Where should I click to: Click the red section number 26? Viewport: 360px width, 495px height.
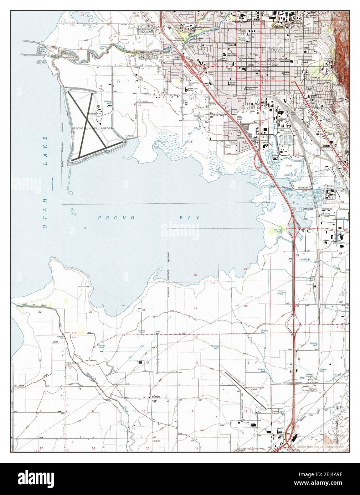[x=195, y=275]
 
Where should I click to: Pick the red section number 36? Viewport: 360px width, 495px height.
[x=246, y=306]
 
